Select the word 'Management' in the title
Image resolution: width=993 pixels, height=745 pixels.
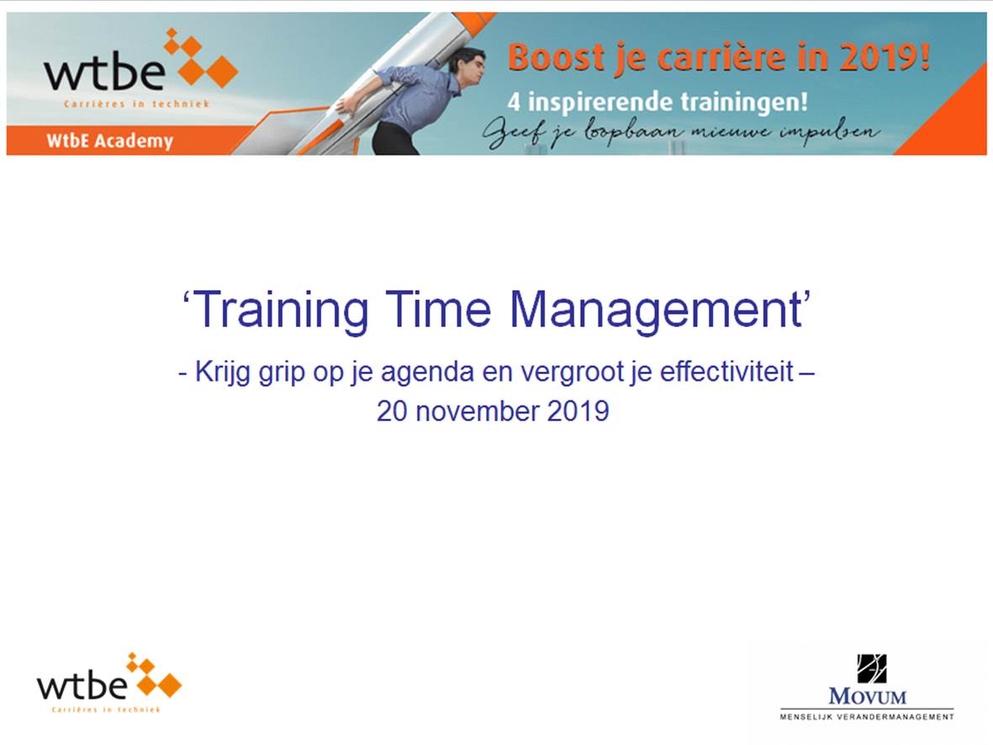pyautogui.click(x=656, y=310)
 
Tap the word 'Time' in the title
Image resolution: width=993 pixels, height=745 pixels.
pyautogui.click(x=438, y=309)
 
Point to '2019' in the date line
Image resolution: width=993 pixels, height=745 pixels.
pyautogui.click(x=578, y=411)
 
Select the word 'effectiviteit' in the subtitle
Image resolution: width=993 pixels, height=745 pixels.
pyautogui.click(x=726, y=371)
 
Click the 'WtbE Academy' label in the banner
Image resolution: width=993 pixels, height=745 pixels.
pyautogui.click(x=109, y=140)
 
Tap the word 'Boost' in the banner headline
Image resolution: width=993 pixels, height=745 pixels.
pyautogui.click(x=556, y=57)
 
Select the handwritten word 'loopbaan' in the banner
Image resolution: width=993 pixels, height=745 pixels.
pyautogui.click(x=634, y=132)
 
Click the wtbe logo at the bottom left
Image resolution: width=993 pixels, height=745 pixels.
pyautogui.click(x=109, y=683)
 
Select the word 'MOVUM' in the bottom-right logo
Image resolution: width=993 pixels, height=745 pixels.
pyautogui.click(x=867, y=697)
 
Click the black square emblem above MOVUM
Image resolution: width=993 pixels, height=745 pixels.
pyautogui.click(x=871, y=669)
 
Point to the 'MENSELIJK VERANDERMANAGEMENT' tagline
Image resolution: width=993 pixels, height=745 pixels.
pyautogui.click(x=867, y=717)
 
